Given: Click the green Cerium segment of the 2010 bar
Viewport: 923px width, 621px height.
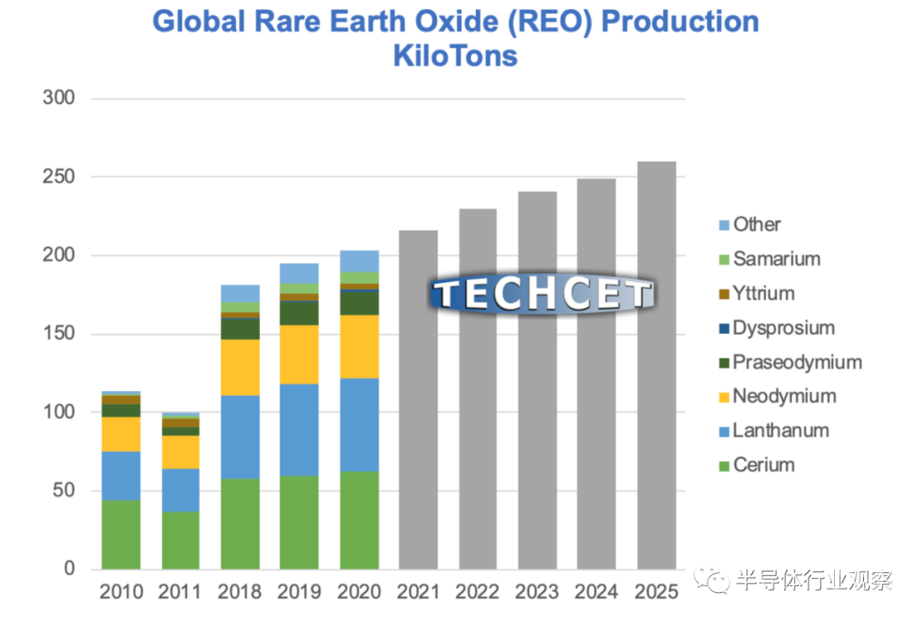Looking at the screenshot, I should coord(121,535).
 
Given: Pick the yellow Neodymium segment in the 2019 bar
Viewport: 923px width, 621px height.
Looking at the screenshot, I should coord(299,354).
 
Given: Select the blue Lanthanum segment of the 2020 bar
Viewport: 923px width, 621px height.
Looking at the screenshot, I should coord(359,425).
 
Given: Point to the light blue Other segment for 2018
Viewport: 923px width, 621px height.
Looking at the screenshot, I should coord(240,293).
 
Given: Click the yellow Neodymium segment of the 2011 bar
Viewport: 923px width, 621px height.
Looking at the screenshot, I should coord(180,452).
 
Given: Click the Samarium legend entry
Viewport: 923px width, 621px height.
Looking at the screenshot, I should coord(776,259).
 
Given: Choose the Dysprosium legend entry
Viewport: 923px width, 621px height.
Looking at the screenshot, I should coord(783,328).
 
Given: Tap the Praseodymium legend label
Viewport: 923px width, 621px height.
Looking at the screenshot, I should coord(797,362).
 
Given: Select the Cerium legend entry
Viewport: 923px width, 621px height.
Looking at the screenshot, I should coord(763,466).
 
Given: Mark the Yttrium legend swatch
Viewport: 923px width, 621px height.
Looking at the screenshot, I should coord(724,294).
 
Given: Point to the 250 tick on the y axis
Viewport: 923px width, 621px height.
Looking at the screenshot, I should coord(59,177).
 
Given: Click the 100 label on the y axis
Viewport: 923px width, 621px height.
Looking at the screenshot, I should coord(59,413).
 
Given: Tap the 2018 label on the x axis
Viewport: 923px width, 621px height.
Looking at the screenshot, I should coord(240,592).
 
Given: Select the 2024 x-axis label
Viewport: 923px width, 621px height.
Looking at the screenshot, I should coord(597,592).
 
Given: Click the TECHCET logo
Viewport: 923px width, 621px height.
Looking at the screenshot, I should coord(542,295).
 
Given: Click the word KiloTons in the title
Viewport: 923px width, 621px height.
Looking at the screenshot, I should coord(455,56).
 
